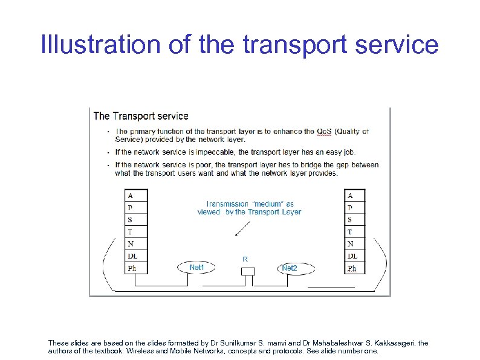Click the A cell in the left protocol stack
pyautogui.click(x=135, y=196)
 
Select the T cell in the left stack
pyautogui.click(x=135, y=232)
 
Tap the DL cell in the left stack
pyautogui.click(x=135, y=256)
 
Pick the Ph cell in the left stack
pyautogui.click(x=135, y=268)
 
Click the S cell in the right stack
pyautogui.click(x=355, y=220)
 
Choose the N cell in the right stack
pyautogui.click(x=355, y=244)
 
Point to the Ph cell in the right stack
pyautogui.click(x=355, y=268)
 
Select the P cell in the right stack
pyautogui.click(x=355, y=208)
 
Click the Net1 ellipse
pyautogui.click(x=197, y=267)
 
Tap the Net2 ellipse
pyautogui.click(x=290, y=268)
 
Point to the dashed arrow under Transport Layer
pyautogui.click(x=244, y=228)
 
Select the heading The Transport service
pyautogui.click(x=141, y=116)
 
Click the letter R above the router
pyautogui.click(x=245, y=259)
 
